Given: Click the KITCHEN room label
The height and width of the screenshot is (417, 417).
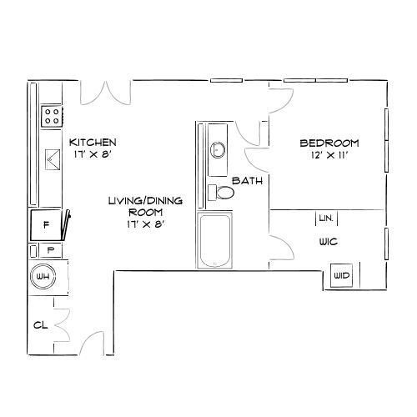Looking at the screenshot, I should click(x=93, y=142).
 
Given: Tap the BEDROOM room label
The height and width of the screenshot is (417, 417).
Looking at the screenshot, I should click(x=329, y=143).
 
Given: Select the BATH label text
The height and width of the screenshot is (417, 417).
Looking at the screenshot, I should click(x=247, y=181).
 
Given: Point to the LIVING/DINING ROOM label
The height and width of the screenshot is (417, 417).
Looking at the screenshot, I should click(x=139, y=212).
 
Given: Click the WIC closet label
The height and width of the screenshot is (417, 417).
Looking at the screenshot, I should click(x=327, y=244).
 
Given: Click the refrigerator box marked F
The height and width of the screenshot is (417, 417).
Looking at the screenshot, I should click(x=47, y=225).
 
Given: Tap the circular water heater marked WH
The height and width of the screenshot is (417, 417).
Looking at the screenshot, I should click(x=43, y=277).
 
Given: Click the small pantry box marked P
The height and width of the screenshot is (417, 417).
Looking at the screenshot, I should click(x=50, y=249).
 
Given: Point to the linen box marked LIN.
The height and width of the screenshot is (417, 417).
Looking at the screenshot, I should click(x=325, y=218).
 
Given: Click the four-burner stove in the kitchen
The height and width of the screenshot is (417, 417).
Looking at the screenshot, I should click(x=51, y=114).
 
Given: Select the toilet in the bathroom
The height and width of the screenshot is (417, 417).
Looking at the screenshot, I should click(x=224, y=193).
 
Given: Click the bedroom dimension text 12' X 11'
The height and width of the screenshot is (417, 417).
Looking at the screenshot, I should click(x=329, y=155).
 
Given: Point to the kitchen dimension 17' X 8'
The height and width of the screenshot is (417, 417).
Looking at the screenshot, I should click(x=92, y=154).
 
